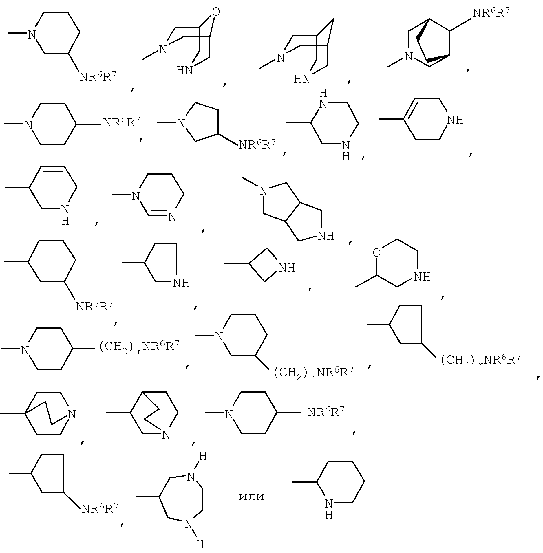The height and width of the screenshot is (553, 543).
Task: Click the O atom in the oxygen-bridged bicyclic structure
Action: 216,12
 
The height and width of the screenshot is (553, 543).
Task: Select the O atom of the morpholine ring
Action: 376,253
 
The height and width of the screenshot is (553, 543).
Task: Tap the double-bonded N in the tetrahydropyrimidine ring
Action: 172,217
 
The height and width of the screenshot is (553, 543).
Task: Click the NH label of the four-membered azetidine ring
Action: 287,268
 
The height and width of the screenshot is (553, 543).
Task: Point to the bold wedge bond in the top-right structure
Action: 438,58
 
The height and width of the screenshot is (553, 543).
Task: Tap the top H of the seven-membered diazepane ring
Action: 203,457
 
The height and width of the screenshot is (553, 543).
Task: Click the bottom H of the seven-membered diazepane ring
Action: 200,545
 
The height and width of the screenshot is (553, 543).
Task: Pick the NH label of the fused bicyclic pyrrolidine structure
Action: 326,236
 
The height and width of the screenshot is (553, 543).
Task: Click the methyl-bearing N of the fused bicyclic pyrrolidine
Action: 263,191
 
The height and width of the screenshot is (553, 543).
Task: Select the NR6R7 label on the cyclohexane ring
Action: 94,306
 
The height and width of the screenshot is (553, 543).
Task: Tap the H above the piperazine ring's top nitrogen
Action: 323,93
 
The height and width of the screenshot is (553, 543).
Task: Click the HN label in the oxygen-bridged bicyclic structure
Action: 185,70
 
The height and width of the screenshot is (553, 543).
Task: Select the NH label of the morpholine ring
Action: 422,277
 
